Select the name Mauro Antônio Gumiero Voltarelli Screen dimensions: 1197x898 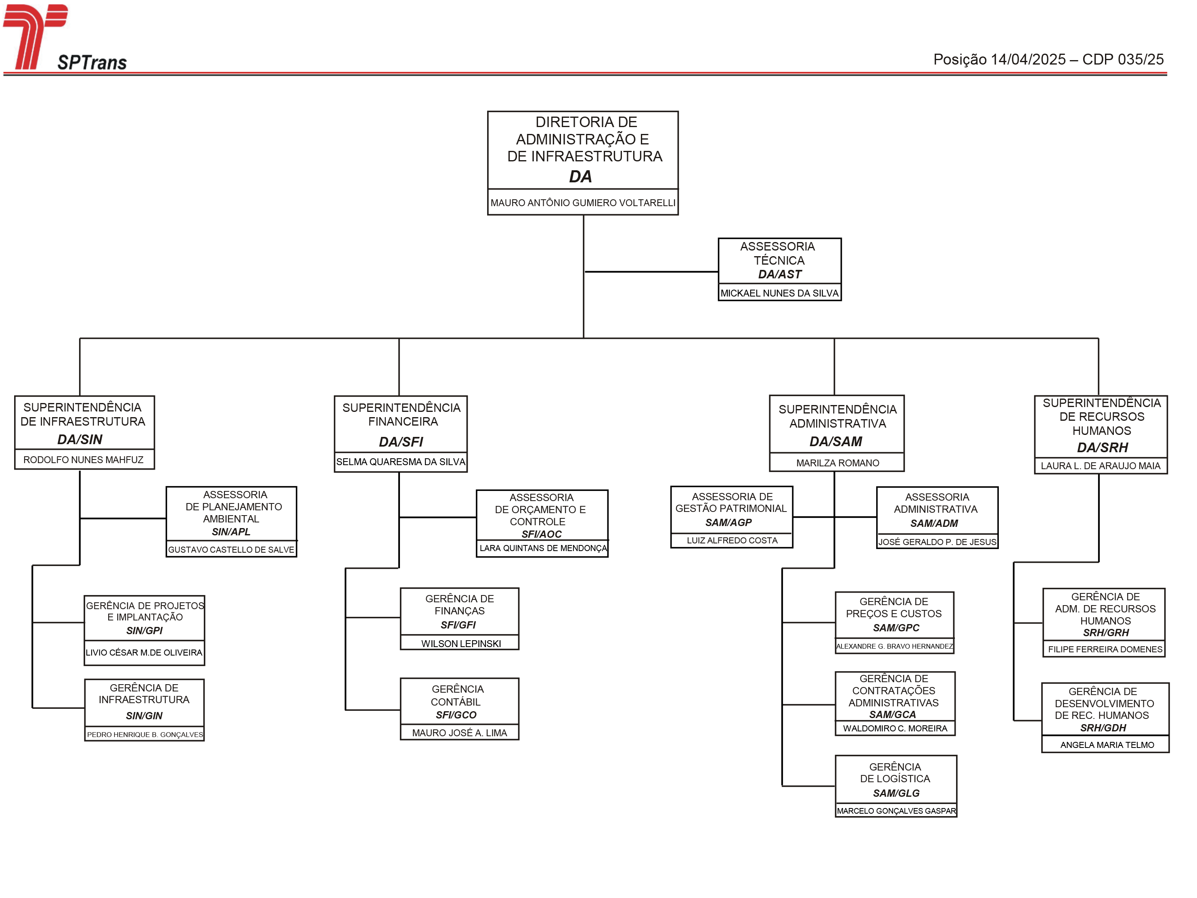pyautogui.click(x=583, y=203)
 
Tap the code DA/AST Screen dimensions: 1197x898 pyautogui.click(x=779, y=274)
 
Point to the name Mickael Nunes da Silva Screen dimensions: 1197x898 pyautogui.click(x=779, y=293)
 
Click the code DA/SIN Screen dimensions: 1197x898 pyautogui.click(x=80, y=439)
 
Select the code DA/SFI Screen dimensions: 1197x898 pyautogui.click(x=401, y=442)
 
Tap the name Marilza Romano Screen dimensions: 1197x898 pyautogui.click(x=838, y=463)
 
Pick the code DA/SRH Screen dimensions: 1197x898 pyautogui.click(x=1102, y=447)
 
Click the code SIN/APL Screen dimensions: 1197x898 pyautogui.click(x=231, y=532)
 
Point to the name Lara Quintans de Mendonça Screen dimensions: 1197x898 pyautogui.click(x=543, y=548)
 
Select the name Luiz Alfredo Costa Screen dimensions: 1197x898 pyautogui.click(x=732, y=541)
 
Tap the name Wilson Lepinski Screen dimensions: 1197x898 pyautogui.click(x=461, y=644)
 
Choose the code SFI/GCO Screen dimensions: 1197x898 pyautogui.click(x=456, y=715)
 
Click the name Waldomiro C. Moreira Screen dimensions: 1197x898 pyautogui.click(x=895, y=729)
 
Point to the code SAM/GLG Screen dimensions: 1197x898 pyautogui.click(x=896, y=794)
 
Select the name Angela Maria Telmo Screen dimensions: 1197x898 pyautogui.click(x=1107, y=746)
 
